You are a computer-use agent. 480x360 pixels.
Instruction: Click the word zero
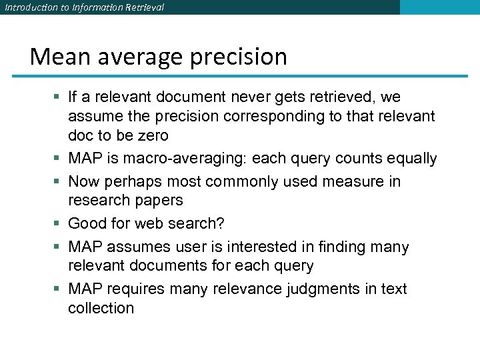pyautogui.click(x=152, y=135)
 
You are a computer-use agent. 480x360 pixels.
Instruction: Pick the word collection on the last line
pyautogui.click(x=101, y=308)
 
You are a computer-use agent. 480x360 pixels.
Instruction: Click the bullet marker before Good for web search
pyautogui.click(x=59, y=224)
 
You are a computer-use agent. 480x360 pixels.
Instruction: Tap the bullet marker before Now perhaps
pyautogui.click(x=59, y=182)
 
